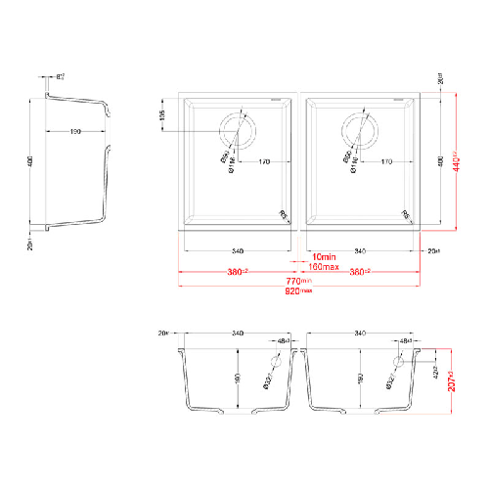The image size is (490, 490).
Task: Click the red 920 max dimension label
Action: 299,290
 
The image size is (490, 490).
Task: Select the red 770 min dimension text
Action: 299,280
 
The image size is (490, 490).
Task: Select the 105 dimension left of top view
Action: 163,117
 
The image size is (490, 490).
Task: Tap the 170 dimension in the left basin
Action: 263,161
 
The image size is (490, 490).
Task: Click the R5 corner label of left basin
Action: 284,215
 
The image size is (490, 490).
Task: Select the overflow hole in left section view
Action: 274,362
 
